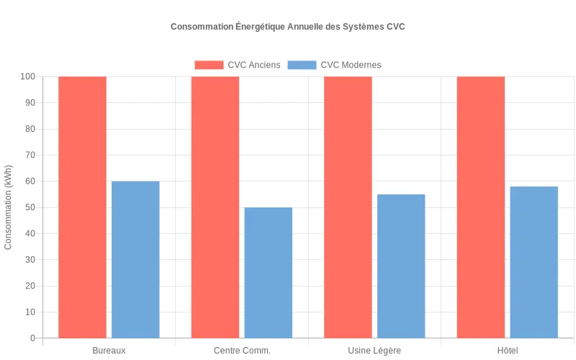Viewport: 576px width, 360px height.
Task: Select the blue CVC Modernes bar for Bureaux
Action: coord(135,259)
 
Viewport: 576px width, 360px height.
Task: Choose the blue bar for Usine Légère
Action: coord(401,266)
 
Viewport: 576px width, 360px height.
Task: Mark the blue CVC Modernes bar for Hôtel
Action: coord(534,262)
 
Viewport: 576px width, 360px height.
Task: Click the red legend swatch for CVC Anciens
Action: coord(209,65)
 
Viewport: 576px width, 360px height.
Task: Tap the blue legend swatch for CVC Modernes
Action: coord(302,65)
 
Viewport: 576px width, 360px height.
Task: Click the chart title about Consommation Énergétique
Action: coord(288,27)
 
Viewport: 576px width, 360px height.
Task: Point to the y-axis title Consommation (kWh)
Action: coord(9,207)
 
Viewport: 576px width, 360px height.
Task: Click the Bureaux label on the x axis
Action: coord(109,351)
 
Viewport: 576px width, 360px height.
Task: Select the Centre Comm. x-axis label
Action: coord(242,351)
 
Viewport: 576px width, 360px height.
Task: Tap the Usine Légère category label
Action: coord(374,351)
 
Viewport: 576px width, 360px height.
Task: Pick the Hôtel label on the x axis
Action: coord(508,351)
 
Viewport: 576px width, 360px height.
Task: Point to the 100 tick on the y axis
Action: coord(27,76)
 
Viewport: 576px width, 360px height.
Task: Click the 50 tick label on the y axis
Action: coord(30,207)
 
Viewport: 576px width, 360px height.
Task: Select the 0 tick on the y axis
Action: coord(32,338)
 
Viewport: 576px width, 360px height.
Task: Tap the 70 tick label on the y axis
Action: coord(30,155)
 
